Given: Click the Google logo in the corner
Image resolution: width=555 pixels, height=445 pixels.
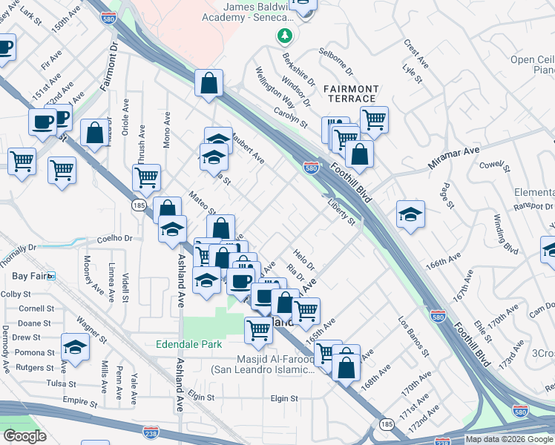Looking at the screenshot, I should pyautogui.click(x=24, y=436).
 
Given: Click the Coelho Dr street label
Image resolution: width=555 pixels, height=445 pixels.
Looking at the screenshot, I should pyautogui.click(x=114, y=239).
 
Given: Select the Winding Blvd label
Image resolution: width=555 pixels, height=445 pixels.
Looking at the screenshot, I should pyautogui.click(x=505, y=233).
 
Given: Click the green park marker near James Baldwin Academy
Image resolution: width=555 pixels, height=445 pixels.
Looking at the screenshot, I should pyautogui.click(x=284, y=35).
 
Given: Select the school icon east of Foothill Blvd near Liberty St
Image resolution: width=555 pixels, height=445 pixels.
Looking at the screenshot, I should pyautogui.click(x=410, y=216).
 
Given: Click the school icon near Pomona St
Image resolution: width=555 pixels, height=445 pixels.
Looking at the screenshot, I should pyautogui.click(x=75, y=347).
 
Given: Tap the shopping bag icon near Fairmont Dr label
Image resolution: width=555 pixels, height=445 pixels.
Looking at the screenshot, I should pyautogui.click(x=94, y=134).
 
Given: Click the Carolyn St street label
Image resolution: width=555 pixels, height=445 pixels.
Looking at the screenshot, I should pyautogui.click(x=290, y=116).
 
